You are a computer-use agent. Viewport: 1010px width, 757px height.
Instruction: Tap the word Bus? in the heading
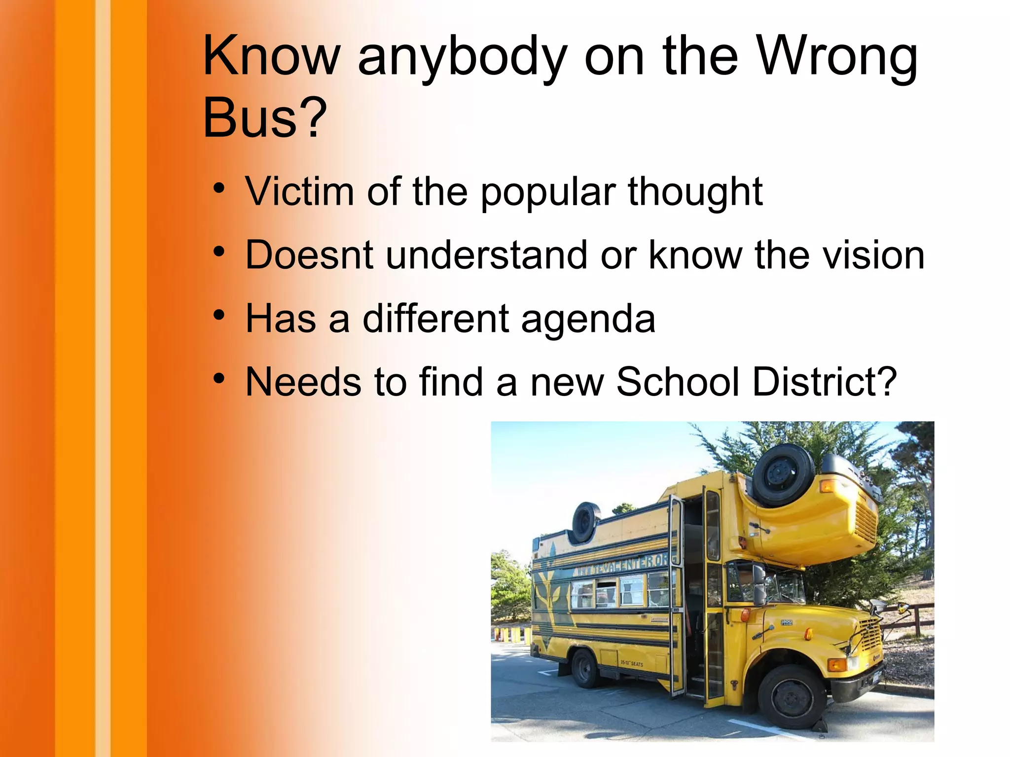265,118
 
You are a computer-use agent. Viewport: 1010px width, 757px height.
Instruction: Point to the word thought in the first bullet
695,192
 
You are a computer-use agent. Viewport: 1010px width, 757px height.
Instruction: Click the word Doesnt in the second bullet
309,255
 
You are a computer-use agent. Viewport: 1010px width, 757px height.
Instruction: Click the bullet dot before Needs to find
219,378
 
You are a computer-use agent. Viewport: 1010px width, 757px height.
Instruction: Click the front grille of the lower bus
870,636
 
